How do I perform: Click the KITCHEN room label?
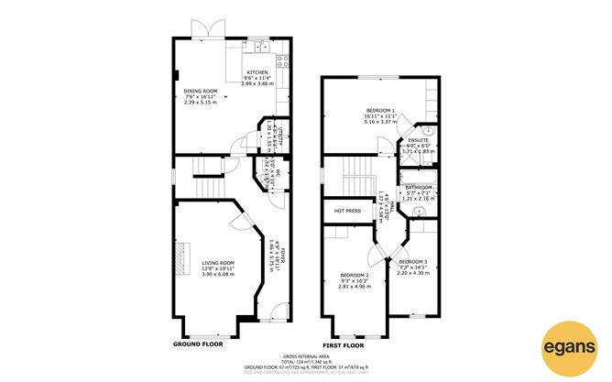pos(257,71)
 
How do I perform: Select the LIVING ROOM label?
pos(218,262)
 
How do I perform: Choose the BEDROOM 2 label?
pos(355,276)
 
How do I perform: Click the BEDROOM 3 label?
pos(412,261)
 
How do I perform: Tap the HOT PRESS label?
pos(347,211)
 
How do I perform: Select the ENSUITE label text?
pos(418,140)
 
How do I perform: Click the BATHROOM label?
pos(418,187)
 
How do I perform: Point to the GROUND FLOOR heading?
pos(199,345)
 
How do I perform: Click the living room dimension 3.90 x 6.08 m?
pos(218,274)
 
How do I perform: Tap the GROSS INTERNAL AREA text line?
pos(305,355)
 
